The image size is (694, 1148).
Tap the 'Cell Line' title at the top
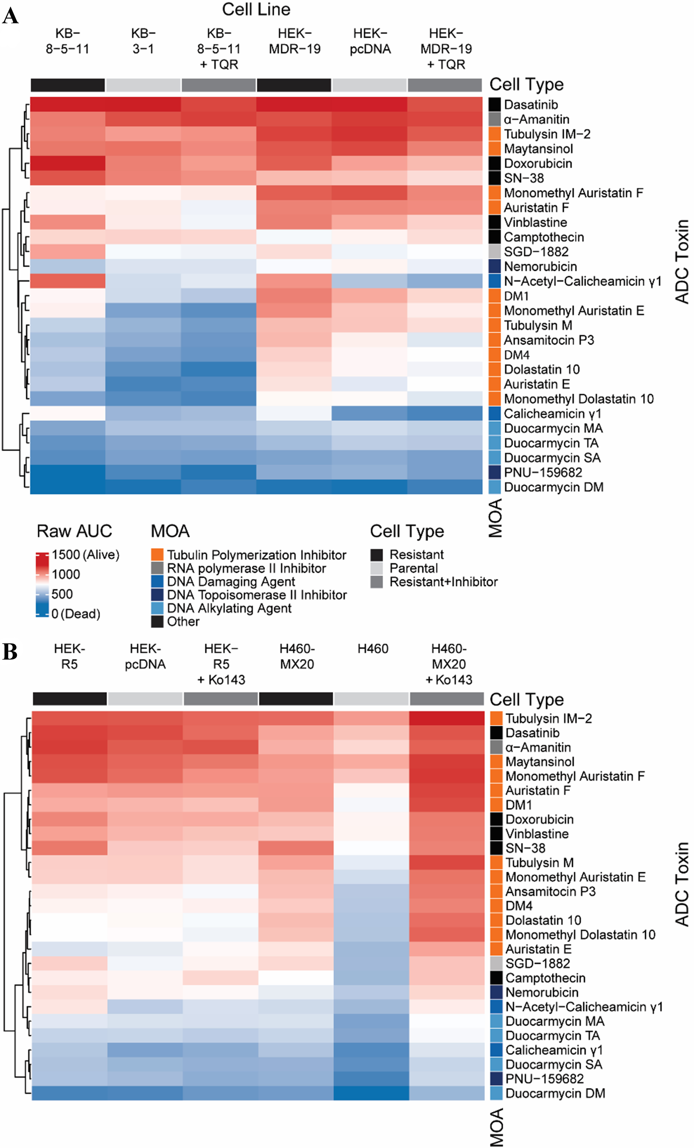256,9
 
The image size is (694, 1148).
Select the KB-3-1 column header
143,41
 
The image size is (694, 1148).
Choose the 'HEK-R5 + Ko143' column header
221,664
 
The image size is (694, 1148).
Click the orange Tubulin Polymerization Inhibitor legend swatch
157,554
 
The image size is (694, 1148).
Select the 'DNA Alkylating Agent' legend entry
229,608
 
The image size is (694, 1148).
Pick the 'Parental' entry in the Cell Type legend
413,568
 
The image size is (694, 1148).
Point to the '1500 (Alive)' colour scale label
85,554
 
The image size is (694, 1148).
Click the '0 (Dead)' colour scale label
76,614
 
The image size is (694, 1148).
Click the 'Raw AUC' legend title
74,531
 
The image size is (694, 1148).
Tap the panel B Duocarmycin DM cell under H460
371,1093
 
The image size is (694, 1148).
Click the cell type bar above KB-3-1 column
143,85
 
